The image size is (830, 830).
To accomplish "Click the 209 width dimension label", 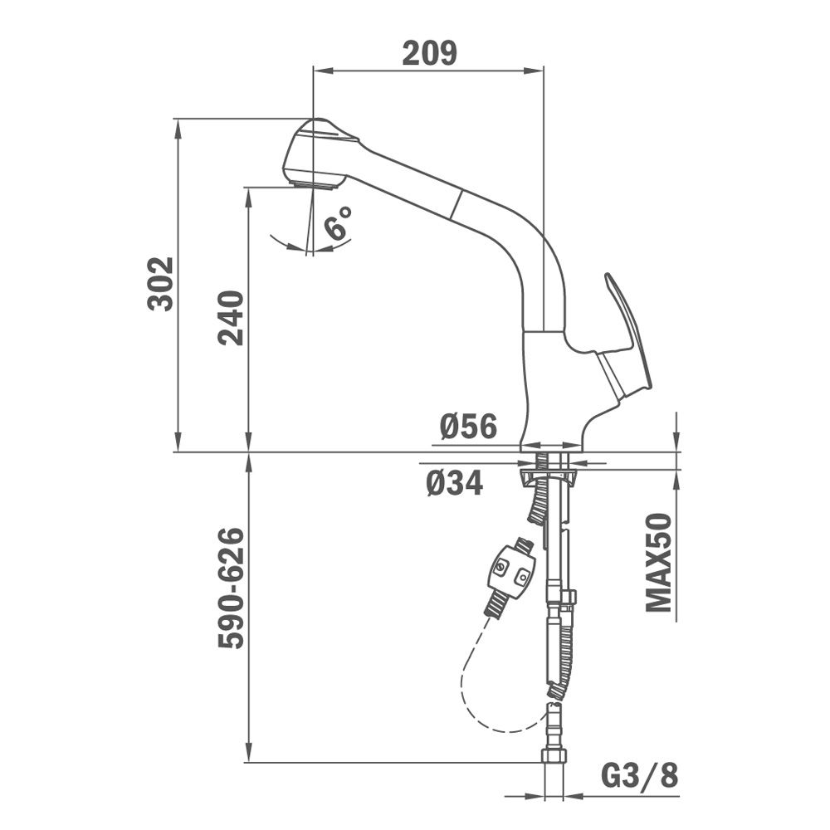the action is pyautogui.click(x=429, y=53).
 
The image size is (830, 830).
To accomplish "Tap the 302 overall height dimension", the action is pyautogui.click(x=160, y=284).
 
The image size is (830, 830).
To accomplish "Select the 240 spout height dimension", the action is pyautogui.click(x=231, y=318).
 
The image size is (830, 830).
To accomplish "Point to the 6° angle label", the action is pyautogui.click(x=339, y=222).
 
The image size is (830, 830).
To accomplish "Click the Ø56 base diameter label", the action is pyautogui.click(x=468, y=426).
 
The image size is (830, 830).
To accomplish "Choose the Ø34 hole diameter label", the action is pyautogui.click(x=455, y=483).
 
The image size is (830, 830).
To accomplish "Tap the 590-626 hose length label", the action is pyautogui.click(x=232, y=588).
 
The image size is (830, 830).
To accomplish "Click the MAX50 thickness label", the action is pyautogui.click(x=658, y=562).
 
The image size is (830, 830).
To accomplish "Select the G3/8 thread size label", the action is pyautogui.click(x=639, y=776).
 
